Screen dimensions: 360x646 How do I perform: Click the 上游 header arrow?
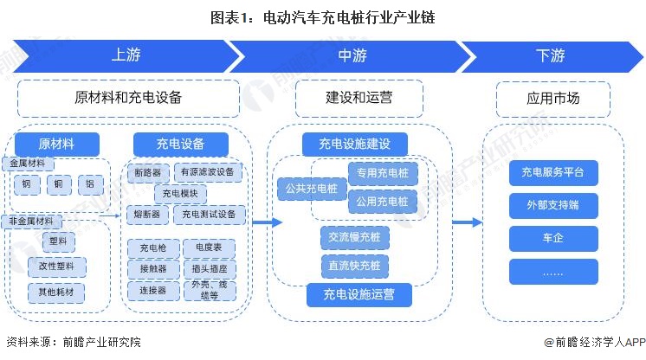tap(126, 55)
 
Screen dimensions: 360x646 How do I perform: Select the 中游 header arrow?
tap(352, 55)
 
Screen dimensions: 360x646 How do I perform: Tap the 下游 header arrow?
tap(550, 55)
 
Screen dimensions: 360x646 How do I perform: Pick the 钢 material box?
tap(27, 184)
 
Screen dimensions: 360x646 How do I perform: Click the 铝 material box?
tap(90, 184)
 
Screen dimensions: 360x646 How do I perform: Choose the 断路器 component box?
tap(146, 171)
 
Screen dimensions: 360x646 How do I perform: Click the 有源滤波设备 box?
tap(208, 171)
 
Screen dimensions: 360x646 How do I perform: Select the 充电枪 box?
tap(146, 248)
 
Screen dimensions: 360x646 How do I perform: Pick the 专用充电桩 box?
tap(381, 173)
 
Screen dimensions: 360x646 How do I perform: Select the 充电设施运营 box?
tap(359, 295)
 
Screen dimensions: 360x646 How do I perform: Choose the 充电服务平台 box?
tap(553, 172)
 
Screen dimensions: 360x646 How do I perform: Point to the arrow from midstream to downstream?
tap(467, 222)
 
